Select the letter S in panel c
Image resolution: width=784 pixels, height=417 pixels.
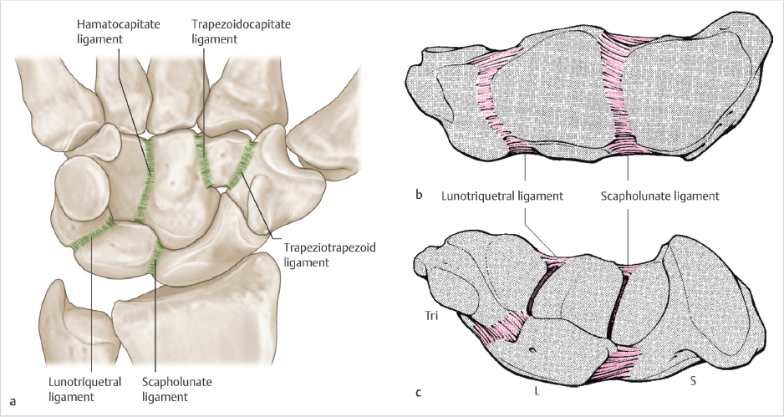[x=692, y=381]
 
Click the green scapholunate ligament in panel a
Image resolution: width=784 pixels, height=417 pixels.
[x=155, y=258]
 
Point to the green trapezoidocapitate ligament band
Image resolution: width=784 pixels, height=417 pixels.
[x=201, y=160]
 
